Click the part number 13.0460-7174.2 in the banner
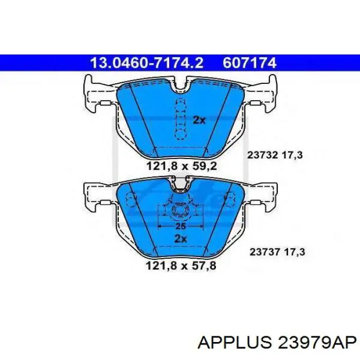pyautogui.click(x=147, y=63)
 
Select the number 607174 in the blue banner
pyautogui.click(x=249, y=63)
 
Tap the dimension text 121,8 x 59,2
pyautogui.click(x=182, y=166)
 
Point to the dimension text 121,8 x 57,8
pyautogui.click(x=181, y=266)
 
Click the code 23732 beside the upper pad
pyautogui.click(x=263, y=155)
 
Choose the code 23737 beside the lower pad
pyautogui.click(x=265, y=252)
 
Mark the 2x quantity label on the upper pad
pyautogui.click(x=199, y=120)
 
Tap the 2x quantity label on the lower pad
pyautogui.click(x=181, y=239)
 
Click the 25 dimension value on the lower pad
pyautogui.click(x=181, y=226)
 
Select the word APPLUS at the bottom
pyautogui.click(x=234, y=343)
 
